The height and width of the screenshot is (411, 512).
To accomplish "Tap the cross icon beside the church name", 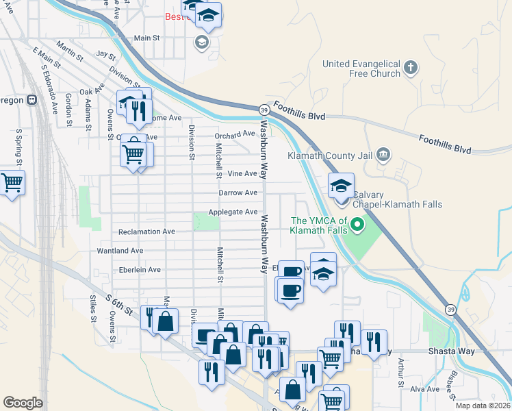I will pyautogui.click(x=410, y=67).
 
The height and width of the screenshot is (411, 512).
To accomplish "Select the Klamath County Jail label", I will pyautogui.click(x=332, y=155).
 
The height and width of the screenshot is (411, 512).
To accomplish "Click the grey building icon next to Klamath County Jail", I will pyautogui.click(x=383, y=153).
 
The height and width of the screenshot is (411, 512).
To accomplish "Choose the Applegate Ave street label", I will pyautogui.click(x=233, y=212).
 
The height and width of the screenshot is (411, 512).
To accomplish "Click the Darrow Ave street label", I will pyautogui.click(x=238, y=193).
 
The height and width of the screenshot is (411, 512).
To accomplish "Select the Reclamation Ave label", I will pyautogui.click(x=146, y=232).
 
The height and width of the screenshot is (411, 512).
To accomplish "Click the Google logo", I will pyautogui.click(x=23, y=403).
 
